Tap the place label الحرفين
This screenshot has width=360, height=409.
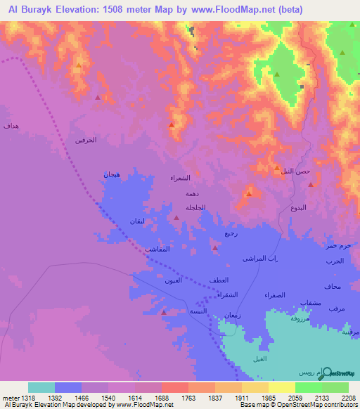85,141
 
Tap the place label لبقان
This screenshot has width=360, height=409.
137,221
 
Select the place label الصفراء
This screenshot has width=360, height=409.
275,295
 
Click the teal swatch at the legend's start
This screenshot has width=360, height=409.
41,387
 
